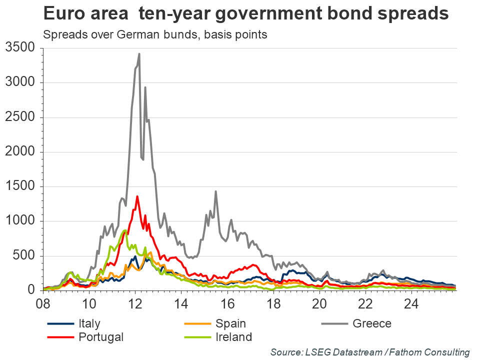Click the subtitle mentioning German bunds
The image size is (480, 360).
coord(155,35)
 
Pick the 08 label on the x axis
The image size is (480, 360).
coord(43,303)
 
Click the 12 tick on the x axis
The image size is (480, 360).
coord(135,303)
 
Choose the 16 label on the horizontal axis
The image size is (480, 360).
coord(227,303)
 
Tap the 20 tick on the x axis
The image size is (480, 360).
coord(319,303)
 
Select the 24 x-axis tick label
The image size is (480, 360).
coord(411,303)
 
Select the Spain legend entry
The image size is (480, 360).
coord(229,323)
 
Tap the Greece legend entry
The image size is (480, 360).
coord(371,323)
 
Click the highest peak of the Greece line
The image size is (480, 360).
coord(139,53)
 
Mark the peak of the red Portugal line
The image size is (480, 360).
coord(137,196)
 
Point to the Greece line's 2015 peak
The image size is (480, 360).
coord(215,191)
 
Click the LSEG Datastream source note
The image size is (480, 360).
coord(370,352)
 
